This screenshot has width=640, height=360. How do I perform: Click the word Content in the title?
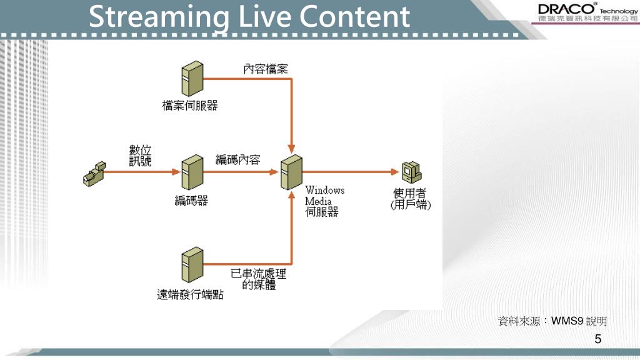coord(354,17)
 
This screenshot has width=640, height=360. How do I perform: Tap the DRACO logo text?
coord(565,9)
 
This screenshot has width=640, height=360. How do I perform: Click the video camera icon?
coord(94,174)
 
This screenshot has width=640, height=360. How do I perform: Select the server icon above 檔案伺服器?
coord(190,79)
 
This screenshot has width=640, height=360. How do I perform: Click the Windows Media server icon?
coord(291,172)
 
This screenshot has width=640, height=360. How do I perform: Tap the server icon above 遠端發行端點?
coord(190,266)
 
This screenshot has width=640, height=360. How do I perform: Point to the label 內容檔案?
coord(266,68)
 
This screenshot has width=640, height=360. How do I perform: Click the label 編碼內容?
coord(238,159)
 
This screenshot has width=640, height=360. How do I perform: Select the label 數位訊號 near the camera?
coord(139,156)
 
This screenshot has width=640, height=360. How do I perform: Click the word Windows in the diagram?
coord(324,190)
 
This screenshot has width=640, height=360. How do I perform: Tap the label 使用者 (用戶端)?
coord(411,199)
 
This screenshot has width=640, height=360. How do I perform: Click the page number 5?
coord(598,339)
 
